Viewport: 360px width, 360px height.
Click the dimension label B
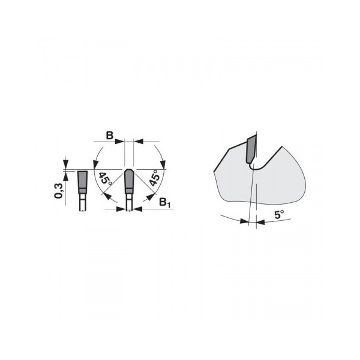pos(110,136)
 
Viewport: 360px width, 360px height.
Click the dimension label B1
pos(165,203)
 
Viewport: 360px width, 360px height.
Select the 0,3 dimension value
pos(58,191)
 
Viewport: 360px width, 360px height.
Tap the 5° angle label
pos(279,215)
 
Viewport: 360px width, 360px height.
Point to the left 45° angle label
pos(104,179)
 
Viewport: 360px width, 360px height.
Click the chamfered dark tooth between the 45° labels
pos(129,181)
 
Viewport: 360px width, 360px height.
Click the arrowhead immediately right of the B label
pos(119,142)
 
